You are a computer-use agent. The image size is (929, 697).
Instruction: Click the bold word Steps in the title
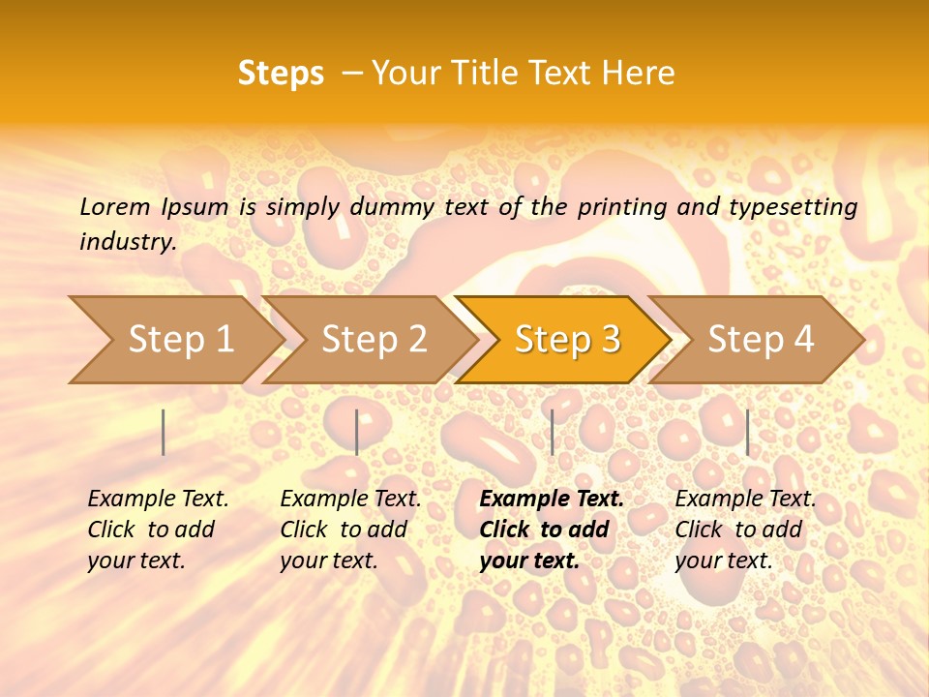[281, 74]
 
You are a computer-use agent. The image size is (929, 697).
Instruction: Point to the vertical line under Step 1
[164, 432]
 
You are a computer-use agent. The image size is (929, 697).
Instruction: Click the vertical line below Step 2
[357, 432]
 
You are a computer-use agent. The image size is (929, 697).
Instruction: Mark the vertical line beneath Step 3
[552, 432]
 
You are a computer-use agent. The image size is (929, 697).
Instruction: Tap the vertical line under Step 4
[747, 432]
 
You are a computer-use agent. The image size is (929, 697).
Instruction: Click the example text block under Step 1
[158, 530]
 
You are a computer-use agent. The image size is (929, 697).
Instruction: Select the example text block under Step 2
[350, 530]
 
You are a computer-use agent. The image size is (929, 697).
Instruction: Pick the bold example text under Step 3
[552, 530]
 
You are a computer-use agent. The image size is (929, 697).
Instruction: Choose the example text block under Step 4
[745, 530]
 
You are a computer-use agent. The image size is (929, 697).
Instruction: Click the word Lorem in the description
[115, 207]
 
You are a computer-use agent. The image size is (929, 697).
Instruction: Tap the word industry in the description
[127, 242]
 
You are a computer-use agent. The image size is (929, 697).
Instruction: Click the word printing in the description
[620, 207]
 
